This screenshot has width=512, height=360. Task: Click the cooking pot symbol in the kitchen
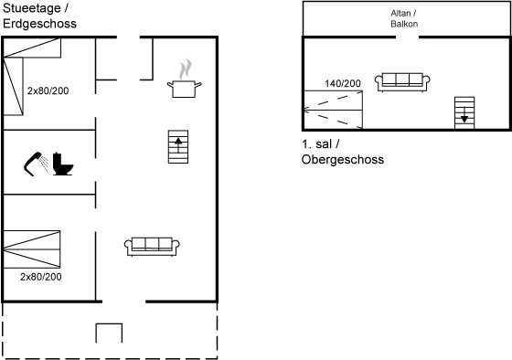click(x=184, y=89)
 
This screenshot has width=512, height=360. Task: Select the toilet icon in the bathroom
click(x=62, y=164)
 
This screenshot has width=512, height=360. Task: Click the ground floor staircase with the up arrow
click(x=178, y=147)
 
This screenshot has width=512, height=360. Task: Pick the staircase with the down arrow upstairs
click(x=464, y=113)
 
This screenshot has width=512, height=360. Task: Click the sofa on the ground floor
click(x=152, y=247)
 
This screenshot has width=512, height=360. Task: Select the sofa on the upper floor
click(x=402, y=82)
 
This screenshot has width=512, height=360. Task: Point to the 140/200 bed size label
click(x=343, y=83)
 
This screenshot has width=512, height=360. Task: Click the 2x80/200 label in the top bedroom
click(x=48, y=90)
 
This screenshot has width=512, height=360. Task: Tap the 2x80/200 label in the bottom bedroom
click(x=41, y=277)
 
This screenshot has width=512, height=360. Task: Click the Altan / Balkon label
click(x=404, y=18)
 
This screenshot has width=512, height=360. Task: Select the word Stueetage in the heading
click(x=32, y=8)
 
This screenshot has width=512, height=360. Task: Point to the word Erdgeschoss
click(x=39, y=24)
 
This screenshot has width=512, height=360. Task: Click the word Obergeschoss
click(x=343, y=160)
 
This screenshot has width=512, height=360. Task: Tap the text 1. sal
click(x=316, y=144)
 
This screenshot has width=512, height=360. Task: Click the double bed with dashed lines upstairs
click(x=333, y=110)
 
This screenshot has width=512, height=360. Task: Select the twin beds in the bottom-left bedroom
click(x=32, y=249)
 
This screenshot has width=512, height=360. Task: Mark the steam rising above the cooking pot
click(x=185, y=69)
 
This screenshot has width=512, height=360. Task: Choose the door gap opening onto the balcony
click(x=407, y=37)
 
